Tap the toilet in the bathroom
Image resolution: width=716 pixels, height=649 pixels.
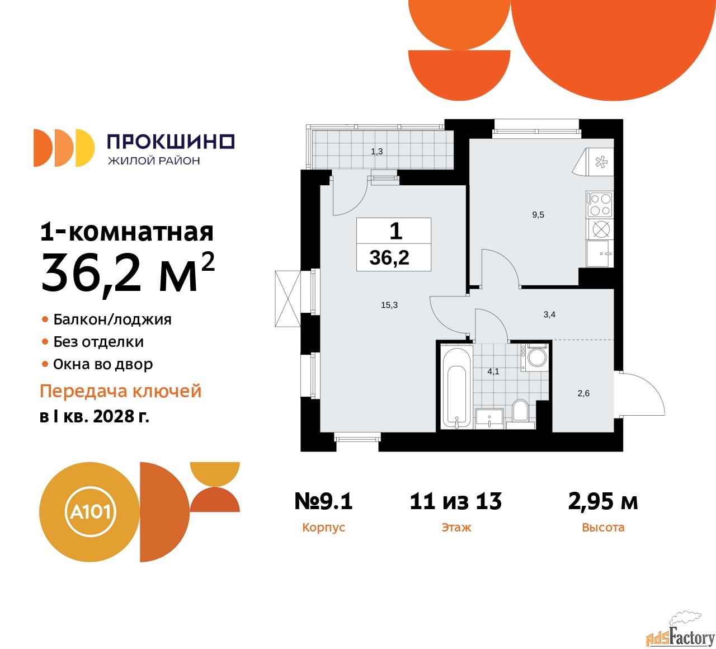point(520,414)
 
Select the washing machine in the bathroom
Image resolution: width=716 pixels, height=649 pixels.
point(534,358)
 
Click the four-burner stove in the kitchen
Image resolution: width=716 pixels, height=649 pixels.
point(600,204)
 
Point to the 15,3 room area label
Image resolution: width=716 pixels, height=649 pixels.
point(389,305)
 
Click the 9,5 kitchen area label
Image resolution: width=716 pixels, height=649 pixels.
point(538,214)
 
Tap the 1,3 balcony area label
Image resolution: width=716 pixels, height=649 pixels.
point(376,152)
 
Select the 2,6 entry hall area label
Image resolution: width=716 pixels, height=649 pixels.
point(583,393)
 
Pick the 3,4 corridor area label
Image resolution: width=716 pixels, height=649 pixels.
point(549,314)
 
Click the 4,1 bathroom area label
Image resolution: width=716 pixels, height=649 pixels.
point(493,371)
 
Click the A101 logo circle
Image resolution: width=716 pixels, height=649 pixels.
point(89,512)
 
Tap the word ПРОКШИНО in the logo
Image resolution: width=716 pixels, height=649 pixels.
point(171,142)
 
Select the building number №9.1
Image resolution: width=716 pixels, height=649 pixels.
point(323,501)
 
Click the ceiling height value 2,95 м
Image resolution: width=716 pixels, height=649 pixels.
point(602,501)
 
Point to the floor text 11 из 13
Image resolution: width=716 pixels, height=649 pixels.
point(456,501)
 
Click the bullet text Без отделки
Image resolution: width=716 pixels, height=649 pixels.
point(98,342)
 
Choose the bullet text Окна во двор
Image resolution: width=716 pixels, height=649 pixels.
point(103,364)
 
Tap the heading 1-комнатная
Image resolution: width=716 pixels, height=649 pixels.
point(127,232)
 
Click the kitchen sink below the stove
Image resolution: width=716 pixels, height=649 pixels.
point(600,254)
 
